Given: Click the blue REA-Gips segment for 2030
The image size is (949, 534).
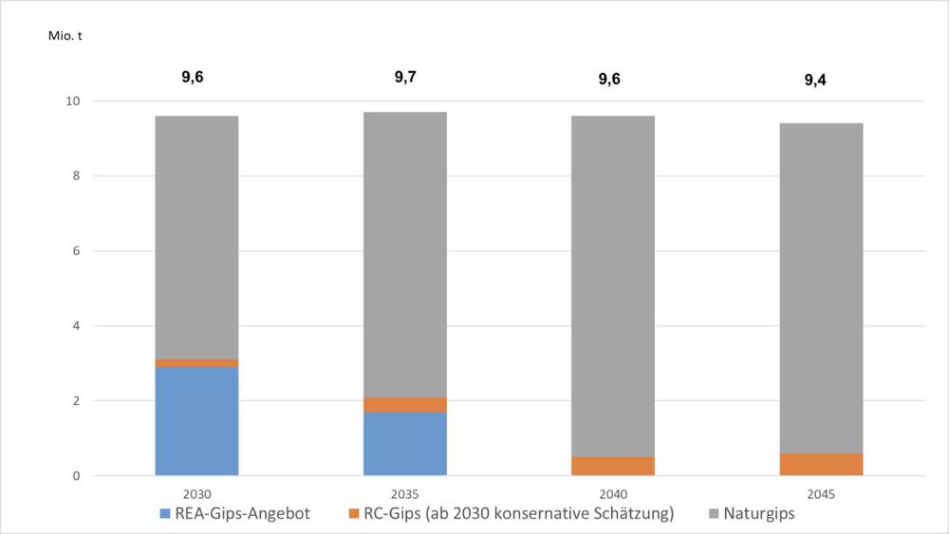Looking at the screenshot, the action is click(x=196, y=421).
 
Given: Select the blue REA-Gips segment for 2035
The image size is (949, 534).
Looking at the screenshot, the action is click(x=405, y=443).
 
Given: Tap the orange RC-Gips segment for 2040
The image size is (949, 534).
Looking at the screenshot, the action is click(x=613, y=466).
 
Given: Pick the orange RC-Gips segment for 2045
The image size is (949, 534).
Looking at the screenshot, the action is click(x=821, y=464).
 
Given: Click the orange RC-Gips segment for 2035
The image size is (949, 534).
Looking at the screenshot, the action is click(x=405, y=405).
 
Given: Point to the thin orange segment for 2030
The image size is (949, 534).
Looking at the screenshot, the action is click(x=196, y=363).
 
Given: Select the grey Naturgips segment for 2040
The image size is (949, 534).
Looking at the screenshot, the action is click(x=613, y=286).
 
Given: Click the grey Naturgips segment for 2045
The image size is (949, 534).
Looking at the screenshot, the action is click(x=821, y=287).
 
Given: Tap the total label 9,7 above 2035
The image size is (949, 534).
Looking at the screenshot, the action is click(x=405, y=77).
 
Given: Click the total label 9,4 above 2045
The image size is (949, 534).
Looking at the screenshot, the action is click(x=815, y=80).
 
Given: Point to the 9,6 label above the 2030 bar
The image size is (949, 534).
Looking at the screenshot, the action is click(x=193, y=77).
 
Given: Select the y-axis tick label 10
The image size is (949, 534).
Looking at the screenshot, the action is click(x=73, y=101).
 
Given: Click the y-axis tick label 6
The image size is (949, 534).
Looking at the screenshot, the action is click(x=76, y=251).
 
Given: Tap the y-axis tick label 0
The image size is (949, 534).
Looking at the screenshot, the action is click(x=76, y=476).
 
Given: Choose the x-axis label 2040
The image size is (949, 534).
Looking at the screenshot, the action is click(x=613, y=494).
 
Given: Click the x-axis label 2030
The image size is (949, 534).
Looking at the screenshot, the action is click(x=196, y=494).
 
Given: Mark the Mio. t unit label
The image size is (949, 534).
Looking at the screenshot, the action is click(x=65, y=36).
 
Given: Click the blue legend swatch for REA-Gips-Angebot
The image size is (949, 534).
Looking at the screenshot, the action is click(x=164, y=514).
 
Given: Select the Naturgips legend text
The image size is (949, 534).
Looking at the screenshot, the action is click(x=759, y=514).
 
